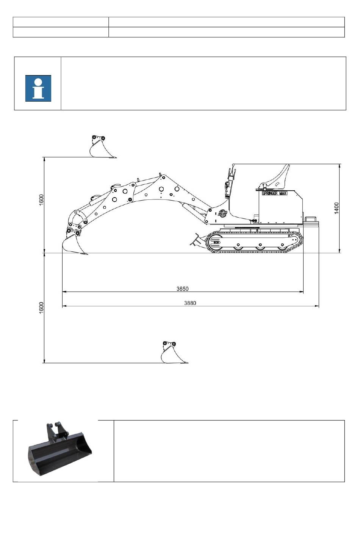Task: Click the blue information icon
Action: [38, 88]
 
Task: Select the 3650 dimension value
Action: [182, 289]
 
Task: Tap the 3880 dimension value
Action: [190, 303]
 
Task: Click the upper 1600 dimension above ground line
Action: [41, 200]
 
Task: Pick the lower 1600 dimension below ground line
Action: [41, 307]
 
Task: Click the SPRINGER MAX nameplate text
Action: [275, 193]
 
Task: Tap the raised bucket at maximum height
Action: [100, 148]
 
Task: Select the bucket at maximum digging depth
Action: [172, 353]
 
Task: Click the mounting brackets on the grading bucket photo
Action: [55, 431]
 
